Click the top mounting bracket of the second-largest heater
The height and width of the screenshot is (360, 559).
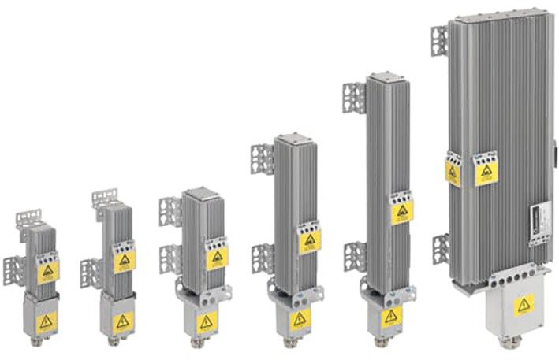coord(354,98)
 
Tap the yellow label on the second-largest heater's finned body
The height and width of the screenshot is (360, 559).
coord(401,211)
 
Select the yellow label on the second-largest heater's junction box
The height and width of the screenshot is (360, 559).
coord(390,316)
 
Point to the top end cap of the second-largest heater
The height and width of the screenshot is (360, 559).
coord(389,77)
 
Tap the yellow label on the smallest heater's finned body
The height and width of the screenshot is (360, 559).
coord(49,272)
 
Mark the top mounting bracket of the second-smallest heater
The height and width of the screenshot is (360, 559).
coord(104,197)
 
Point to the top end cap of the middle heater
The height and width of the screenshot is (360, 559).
coord(298,139)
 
